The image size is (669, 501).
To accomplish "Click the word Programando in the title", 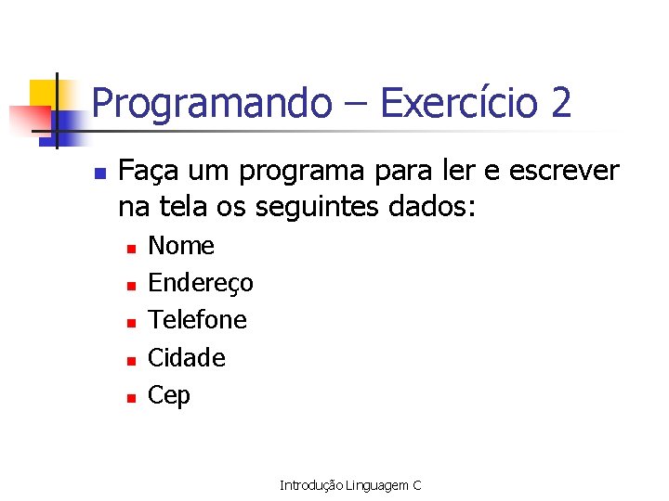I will click(211, 103).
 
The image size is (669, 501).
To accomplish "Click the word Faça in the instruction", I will click(148, 172).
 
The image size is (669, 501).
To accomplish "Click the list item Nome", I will click(181, 246).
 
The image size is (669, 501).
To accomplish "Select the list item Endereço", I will click(201, 283).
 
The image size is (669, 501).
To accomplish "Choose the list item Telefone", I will click(198, 320).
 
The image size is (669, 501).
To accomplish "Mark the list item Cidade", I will click(187, 357).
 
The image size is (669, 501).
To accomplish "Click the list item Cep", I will click(169, 395).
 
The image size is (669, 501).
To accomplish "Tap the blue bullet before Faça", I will click(100, 173).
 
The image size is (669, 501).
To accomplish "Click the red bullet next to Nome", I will click(131, 248).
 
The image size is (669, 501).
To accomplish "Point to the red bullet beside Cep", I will click(131, 397).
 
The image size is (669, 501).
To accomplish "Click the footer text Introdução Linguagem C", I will click(350, 485).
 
